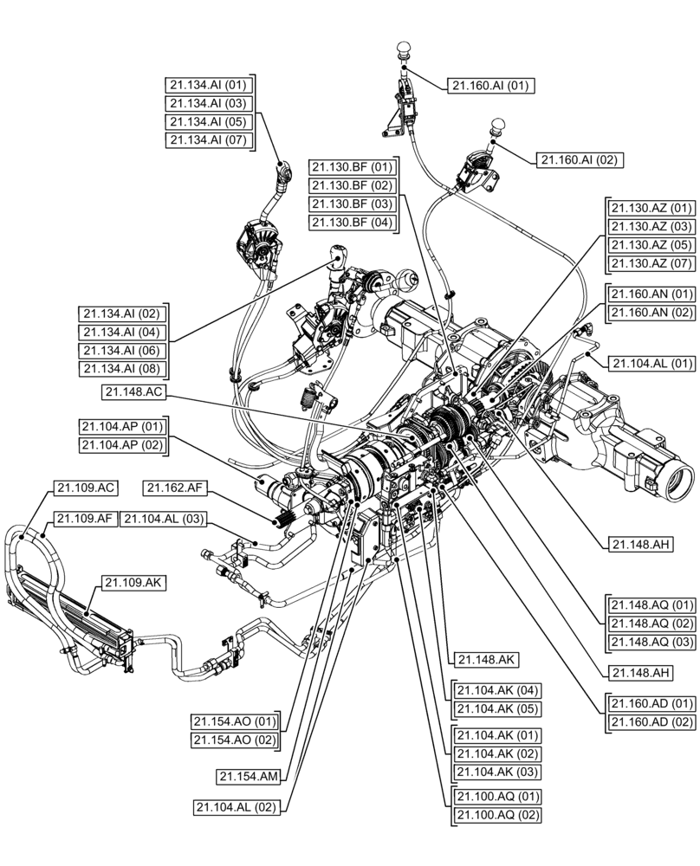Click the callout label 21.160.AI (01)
coord(491,85)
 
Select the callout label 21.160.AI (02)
coord(580,159)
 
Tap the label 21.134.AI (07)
coord(208,139)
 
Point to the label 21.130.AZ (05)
coord(651,244)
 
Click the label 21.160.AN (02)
coord(651,312)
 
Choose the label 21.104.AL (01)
coord(651,362)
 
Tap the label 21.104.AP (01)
coord(122,426)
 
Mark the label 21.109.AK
coord(133,583)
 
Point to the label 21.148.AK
coord(484,659)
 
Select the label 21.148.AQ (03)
coord(651,641)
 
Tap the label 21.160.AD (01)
coord(651,702)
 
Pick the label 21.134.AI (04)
coord(122,332)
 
